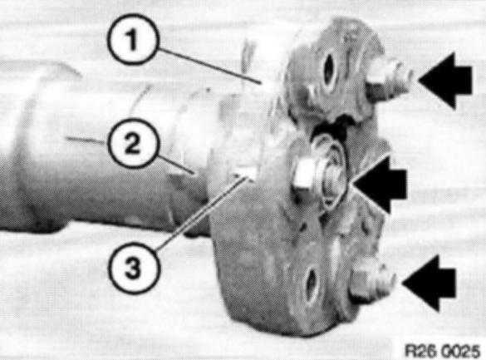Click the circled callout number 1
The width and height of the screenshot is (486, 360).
point(133,39)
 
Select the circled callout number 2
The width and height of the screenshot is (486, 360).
point(134,143)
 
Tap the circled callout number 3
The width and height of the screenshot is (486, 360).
point(135,269)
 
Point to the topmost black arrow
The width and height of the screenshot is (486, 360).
point(445,81)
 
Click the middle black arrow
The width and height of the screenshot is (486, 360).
point(380,185)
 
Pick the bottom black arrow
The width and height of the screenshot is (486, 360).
point(429,283)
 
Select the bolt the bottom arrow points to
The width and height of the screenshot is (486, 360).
point(372,282)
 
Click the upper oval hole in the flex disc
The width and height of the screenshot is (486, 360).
point(329,71)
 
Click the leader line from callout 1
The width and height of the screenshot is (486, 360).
point(209,66)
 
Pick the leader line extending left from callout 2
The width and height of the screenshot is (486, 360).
point(86,141)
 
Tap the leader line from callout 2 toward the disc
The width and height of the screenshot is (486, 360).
point(175,164)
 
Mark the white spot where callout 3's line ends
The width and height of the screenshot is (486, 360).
point(248,174)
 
